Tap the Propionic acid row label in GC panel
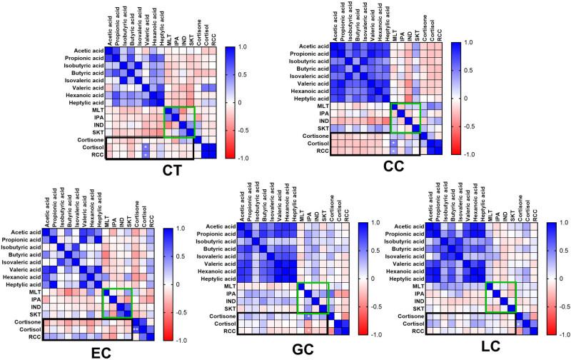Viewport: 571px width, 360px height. tap(212, 231)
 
